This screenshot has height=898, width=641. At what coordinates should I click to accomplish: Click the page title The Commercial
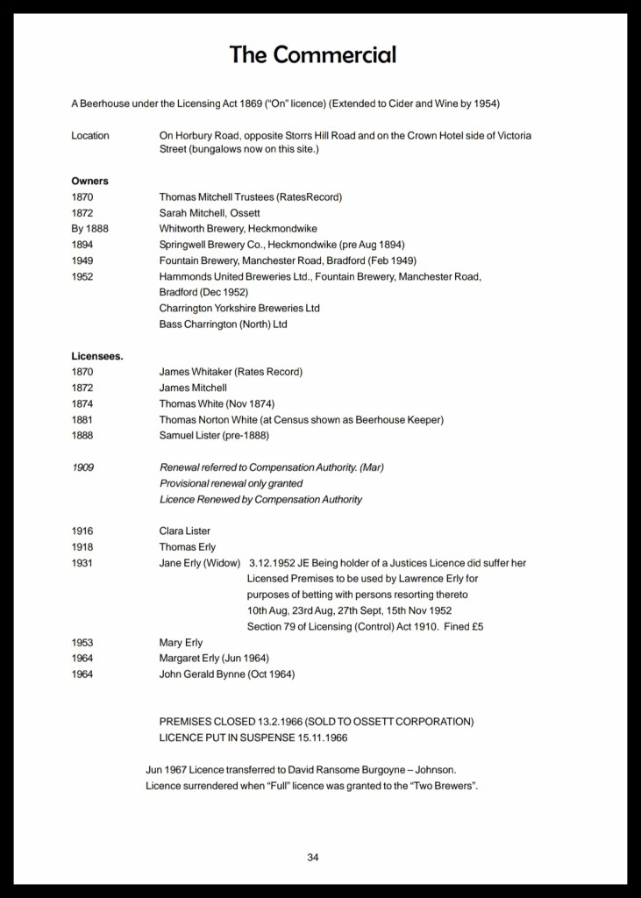(x=313, y=55)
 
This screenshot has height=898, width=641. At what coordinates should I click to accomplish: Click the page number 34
(x=313, y=857)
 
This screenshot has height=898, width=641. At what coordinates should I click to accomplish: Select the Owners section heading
(x=89, y=181)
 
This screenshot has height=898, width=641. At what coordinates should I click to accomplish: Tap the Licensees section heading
(x=96, y=356)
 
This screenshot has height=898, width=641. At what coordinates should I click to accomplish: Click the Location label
(x=90, y=136)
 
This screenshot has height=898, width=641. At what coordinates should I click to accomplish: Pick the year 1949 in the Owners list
(x=82, y=260)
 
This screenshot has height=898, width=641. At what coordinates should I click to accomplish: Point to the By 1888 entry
(x=91, y=229)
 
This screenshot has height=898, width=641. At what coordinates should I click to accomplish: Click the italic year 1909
(x=82, y=467)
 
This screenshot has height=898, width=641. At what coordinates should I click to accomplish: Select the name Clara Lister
(x=185, y=531)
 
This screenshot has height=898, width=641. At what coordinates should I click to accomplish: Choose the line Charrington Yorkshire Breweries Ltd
(x=239, y=308)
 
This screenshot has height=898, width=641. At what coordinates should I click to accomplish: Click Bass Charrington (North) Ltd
(x=224, y=324)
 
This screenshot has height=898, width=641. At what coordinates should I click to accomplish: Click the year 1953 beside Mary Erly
(x=82, y=643)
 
